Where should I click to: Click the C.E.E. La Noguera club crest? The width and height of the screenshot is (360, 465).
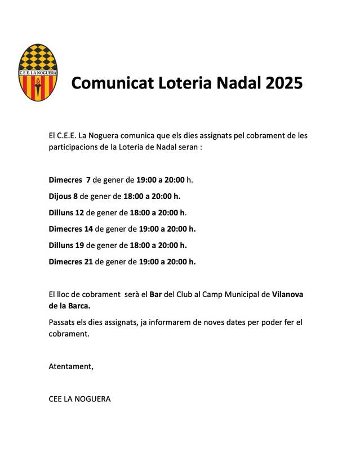coord(38,72)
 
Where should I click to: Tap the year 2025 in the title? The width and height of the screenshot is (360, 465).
coord(285,83)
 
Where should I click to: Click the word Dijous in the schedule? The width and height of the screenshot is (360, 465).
coord(59,196)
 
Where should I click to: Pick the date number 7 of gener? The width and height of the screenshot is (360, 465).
coord(88,180)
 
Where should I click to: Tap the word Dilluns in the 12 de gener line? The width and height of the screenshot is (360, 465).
coord(61,212)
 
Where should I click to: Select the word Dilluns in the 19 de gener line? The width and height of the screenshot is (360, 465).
coord(61,245)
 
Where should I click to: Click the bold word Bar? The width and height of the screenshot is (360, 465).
coord(155,294)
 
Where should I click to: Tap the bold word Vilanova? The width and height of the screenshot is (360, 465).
coord(291,294)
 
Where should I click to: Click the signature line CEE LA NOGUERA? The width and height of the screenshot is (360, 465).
coord(80,399)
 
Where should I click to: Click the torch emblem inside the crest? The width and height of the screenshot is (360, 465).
coord(38,86)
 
